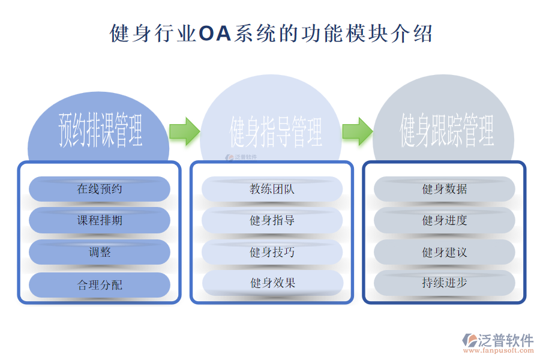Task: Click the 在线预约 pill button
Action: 100,189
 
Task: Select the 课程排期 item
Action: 100,220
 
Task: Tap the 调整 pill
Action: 100,252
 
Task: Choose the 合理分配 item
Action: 100,285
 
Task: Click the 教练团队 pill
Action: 272,189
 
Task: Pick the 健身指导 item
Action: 272,220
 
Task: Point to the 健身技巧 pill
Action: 272,252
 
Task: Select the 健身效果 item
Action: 273,283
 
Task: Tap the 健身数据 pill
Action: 445,189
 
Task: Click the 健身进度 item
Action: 445,220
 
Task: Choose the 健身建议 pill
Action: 445,252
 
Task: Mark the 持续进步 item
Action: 445,283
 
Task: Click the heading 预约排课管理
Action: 100,130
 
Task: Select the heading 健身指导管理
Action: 275,131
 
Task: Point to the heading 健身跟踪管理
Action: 446,130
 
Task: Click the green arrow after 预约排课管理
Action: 185,131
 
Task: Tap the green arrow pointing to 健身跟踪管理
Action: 358,131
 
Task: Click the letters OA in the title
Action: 215,34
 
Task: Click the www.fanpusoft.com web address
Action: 499,350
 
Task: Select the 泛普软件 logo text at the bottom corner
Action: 505,340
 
